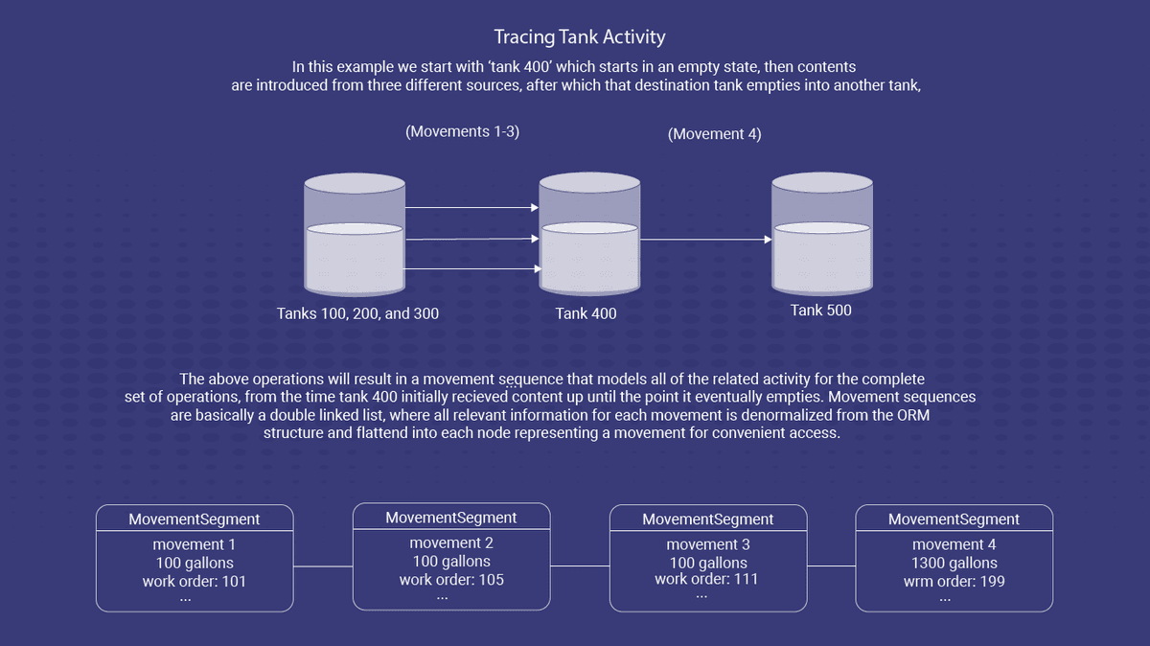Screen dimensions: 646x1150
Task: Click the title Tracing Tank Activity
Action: pos(580,37)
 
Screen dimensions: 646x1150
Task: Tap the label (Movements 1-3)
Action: pos(462,131)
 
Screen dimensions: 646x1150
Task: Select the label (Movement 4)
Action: pos(714,134)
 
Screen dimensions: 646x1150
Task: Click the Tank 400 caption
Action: pos(586,313)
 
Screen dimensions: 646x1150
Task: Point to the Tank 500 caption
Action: pos(820,310)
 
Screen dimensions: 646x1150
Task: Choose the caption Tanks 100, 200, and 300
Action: pos(357,313)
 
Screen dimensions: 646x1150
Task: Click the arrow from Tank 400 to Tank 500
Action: pos(704,240)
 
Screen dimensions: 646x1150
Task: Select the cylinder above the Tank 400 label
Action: pos(588,235)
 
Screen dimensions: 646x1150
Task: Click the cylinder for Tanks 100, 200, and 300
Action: pos(353,235)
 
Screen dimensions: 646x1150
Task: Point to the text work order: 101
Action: pos(194,580)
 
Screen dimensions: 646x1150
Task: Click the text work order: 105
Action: pos(451,579)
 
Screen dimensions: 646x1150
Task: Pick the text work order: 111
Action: pos(707,579)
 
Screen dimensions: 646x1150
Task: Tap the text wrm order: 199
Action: pos(954,580)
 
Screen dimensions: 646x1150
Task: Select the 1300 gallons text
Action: pos(954,563)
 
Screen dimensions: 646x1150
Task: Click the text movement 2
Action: pos(451,543)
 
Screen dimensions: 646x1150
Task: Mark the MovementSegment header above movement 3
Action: pos(707,519)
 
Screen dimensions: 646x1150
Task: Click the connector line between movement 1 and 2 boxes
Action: pos(323,566)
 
